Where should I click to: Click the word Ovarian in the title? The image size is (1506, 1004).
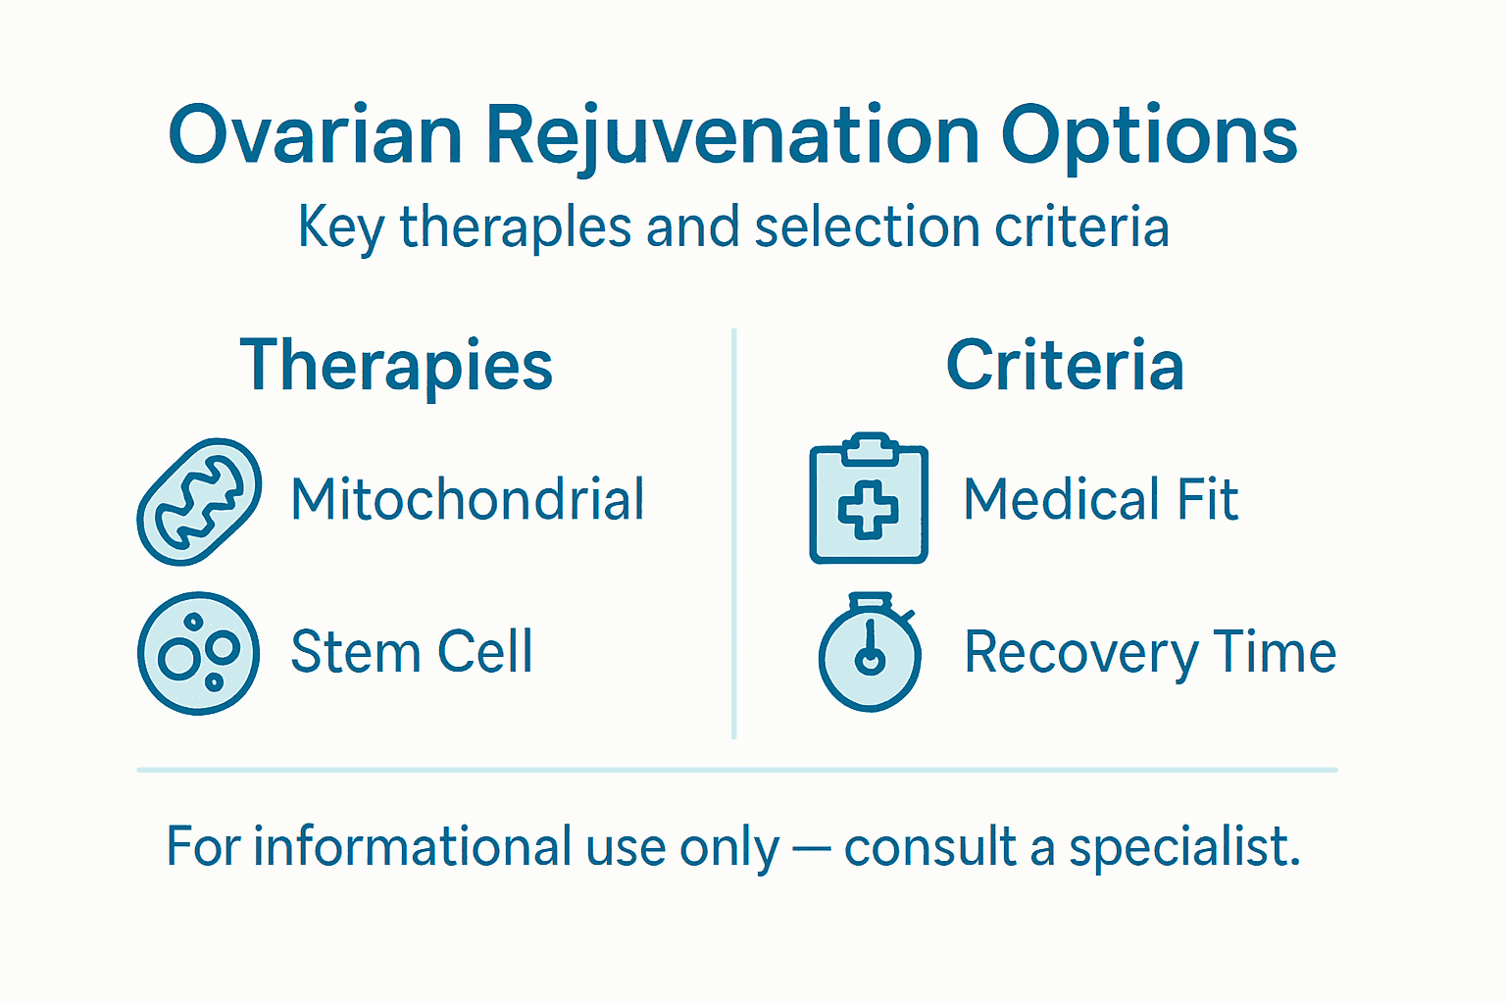[315, 135]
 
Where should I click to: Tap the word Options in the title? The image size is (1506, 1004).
[1149, 135]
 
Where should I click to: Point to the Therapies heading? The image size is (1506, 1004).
[396, 365]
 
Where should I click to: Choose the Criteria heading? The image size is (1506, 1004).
[1065, 365]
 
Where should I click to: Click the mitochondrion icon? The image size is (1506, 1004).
[199, 501]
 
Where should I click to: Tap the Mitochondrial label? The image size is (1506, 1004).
[468, 499]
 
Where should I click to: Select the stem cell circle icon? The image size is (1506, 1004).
[198, 653]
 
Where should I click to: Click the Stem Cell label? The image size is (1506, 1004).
[412, 652]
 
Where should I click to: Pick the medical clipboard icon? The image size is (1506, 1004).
[869, 499]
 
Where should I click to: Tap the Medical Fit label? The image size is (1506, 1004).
[1100, 499]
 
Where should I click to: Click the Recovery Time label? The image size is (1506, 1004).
[1149, 652]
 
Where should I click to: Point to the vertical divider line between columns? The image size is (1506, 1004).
[733, 534]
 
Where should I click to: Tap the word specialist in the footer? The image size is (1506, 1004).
[1183, 846]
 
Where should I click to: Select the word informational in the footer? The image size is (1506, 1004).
[412, 846]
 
